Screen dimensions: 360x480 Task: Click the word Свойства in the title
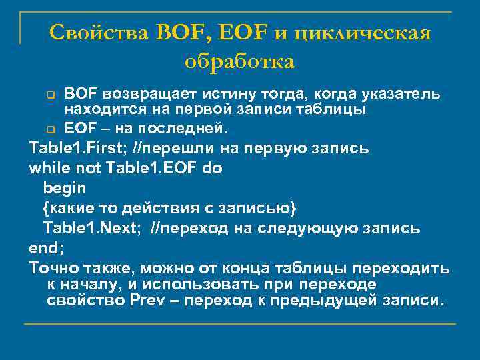[100, 31]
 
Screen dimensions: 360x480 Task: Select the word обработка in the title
[239, 61]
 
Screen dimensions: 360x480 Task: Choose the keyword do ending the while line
[213, 168]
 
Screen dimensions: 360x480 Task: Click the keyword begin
[64, 188]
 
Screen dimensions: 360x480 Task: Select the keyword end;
[45, 248]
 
